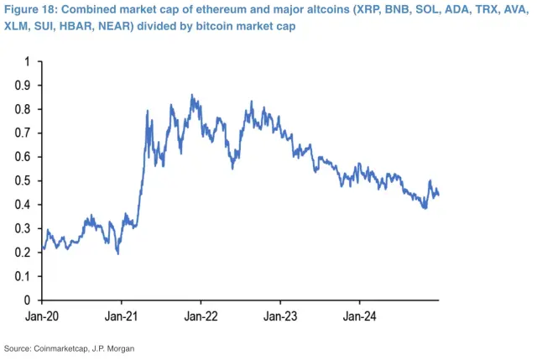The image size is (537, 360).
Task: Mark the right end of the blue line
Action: click(439, 195)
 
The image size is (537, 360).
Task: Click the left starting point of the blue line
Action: click(41, 249)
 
